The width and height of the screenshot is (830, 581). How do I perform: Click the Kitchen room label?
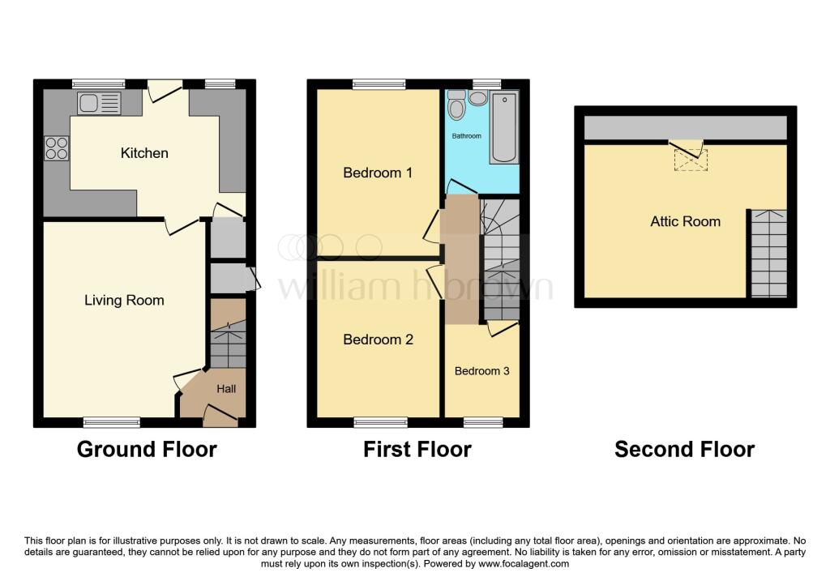pyautogui.click(x=144, y=153)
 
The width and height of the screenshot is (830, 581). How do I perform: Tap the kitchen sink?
pyautogui.click(x=99, y=103)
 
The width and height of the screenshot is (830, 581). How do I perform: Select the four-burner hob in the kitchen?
pyautogui.click(x=57, y=148)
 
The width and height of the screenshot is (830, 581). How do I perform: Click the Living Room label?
pyautogui.click(x=124, y=301)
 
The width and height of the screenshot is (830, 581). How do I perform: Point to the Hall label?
pyautogui.click(x=226, y=389)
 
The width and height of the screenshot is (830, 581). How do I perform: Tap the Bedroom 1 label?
pyautogui.click(x=378, y=173)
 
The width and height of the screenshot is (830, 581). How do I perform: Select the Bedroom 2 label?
pyautogui.click(x=378, y=340)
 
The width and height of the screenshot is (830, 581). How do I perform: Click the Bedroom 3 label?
pyautogui.click(x=481, y=371)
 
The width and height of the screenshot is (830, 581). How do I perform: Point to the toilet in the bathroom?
pyautogui.click(x=457, y=108)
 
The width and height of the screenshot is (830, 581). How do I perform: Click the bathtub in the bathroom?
pyautogui.click(x=504, y=127)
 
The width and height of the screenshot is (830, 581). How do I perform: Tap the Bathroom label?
pyautogui.click(x=466, y=136)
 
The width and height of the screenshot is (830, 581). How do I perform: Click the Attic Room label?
pyautogui.click(x=685, y=221)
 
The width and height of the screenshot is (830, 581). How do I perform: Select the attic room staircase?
pyautogui.click(x=768, y=253)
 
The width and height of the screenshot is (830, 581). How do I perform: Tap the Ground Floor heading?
pyautogui.click(x=147, y=449)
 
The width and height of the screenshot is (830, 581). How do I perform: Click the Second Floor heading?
pyautogui.click(x=684, y=449)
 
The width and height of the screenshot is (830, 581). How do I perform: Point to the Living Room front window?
pyautogui.click(x=112, y=422)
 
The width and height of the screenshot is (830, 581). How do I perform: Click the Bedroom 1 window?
pyautogui.click(x=379, y=83)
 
